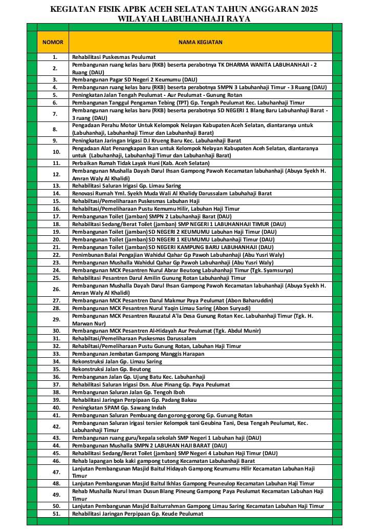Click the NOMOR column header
pos(53,42)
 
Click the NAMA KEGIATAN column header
pos(200,42)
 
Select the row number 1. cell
pos(55,57)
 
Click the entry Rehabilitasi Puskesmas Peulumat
pos(114,57)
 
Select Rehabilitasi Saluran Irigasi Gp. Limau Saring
pos(126,186)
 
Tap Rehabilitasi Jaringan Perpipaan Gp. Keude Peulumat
pos(137,514)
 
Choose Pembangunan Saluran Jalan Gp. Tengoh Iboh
pos(128,392)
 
